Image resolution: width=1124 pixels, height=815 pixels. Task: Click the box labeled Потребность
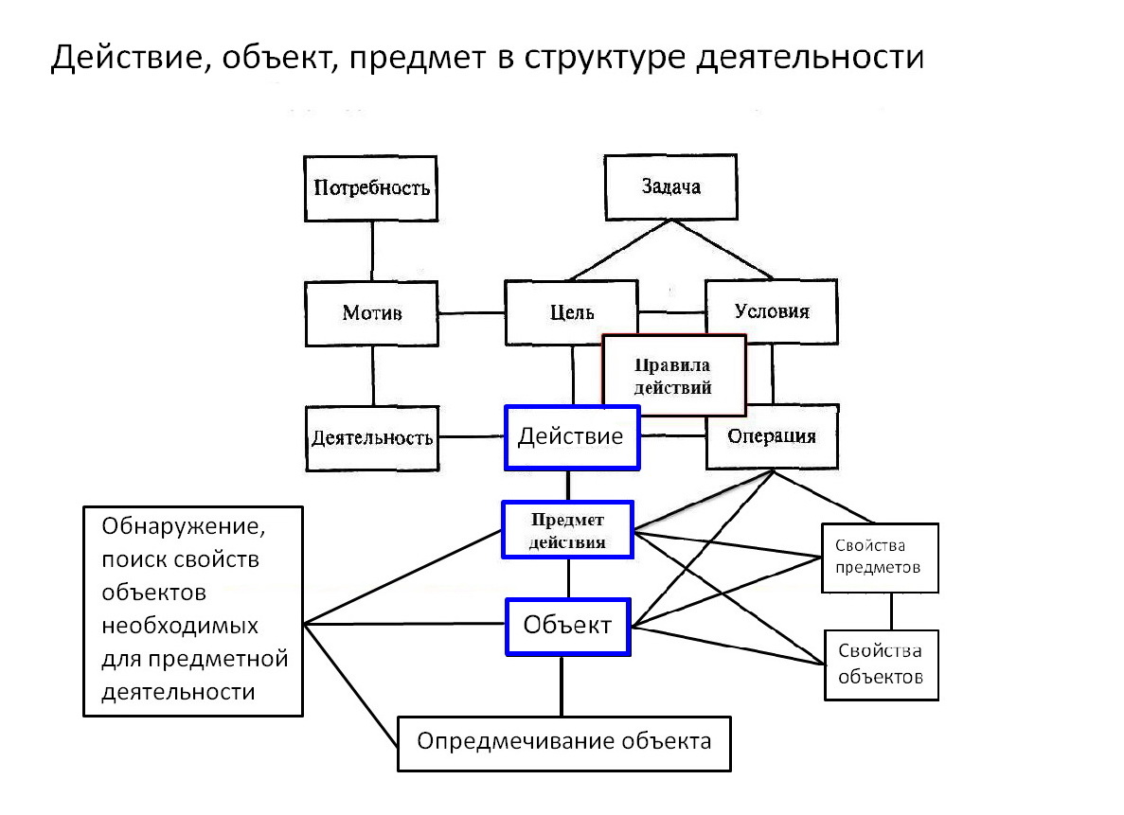pyautogui.click(x=370, y=187)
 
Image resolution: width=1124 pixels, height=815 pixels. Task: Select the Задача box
pyautogui.click(x=669, y=186)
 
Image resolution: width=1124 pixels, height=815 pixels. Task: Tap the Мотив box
pyautogui.click(x=371, y=313)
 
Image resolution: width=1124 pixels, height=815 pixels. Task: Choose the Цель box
pyautogui.click(x=571, y=313)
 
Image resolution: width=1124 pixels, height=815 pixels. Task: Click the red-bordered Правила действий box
pyautogui.click(x=673, y=376)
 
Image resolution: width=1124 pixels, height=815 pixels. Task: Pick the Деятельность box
pyautogui.click(x=372, y=438)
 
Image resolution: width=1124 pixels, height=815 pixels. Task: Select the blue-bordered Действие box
pyautogui.click(x=572, y=436)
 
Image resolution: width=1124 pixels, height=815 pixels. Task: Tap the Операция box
pyautogui.click(x=772, y=437)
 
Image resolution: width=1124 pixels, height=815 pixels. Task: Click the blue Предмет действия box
pyautogui.click(x=567, y=531)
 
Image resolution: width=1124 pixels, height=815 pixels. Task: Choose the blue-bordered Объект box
pyautogui.click(x=567, y=626)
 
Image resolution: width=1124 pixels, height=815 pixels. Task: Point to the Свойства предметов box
pyautogui.click(x=880, y=558)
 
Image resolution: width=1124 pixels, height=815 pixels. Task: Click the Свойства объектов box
pyautogui.click(x=882, y=664)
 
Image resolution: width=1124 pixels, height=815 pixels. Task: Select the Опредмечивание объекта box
pyautogui.click(x=564, y=742)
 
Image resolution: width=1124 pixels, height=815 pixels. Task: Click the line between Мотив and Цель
pyautogui.click(x=471, y=313)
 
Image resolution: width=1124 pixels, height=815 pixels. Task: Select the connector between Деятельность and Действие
pyautogui.click(x=472, y=437)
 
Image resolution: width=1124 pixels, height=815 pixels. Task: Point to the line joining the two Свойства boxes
pyautogui.click(x=889, y=611)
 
